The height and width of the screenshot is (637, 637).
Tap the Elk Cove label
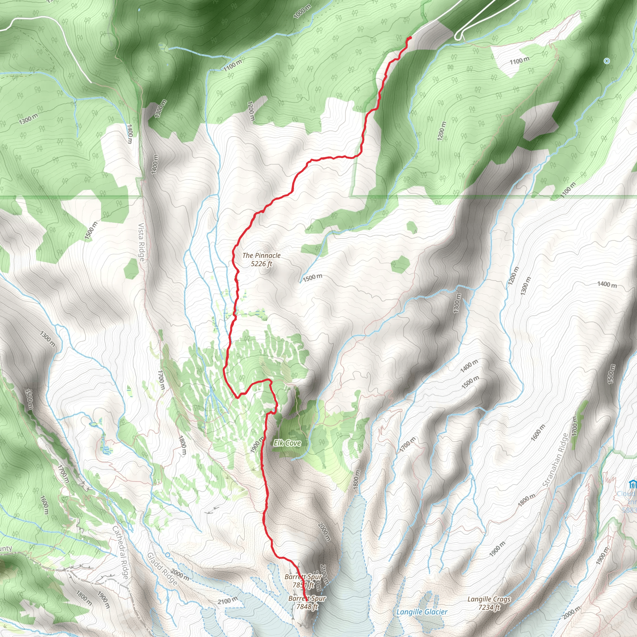pyautogui.click(x=287, y=443)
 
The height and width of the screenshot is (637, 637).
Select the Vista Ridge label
pyautogui.click(x=141, y=242)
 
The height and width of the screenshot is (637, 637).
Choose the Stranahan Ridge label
pyautogui.click(x=556, y=460)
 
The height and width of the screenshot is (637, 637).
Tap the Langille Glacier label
pyautogui.click(x=422, y=612)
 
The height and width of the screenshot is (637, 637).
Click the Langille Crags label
pyautogui.click(x=489, y=599)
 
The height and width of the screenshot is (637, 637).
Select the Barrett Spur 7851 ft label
pyautogui.click(x=303, y=581)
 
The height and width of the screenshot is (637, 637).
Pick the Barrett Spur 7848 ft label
pyautogui.click(x=307, y=602)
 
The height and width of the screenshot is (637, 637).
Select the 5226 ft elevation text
pyautogui.click(x=262, y=264)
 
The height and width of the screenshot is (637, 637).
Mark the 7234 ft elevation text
pyautogui.click(x=489, y=607)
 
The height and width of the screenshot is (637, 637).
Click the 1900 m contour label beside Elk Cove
pyautogui.click(x=257, y=444)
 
